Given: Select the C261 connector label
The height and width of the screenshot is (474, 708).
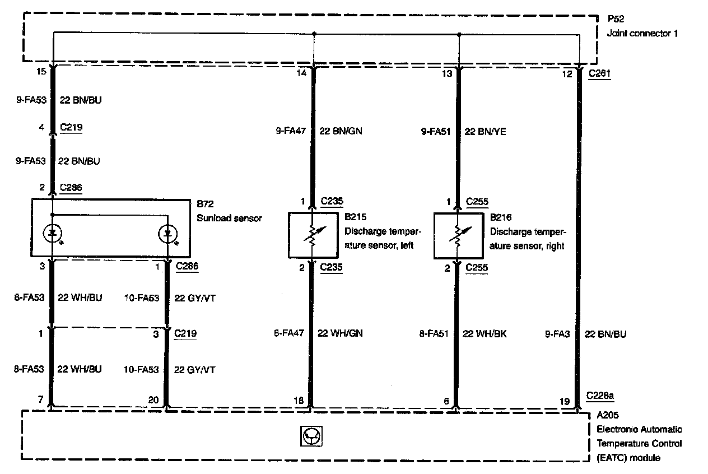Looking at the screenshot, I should point(599,73).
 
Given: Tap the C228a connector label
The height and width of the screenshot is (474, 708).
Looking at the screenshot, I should point(600,396).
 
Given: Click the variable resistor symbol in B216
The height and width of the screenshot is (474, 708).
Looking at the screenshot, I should point(458,235).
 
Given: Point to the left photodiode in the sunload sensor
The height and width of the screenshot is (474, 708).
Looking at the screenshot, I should point(53,234).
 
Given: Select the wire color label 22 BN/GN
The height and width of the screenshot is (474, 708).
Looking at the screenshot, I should point(341,131).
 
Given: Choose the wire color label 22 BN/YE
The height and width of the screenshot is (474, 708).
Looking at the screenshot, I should point(486,131).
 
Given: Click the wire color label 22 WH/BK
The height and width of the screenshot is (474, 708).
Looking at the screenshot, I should point(485,334).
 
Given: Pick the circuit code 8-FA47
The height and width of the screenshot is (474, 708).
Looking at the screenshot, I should point(289,334).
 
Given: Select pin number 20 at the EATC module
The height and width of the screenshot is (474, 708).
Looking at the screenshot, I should point(153,401).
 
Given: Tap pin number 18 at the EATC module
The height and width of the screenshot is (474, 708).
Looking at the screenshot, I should point(299,401).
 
